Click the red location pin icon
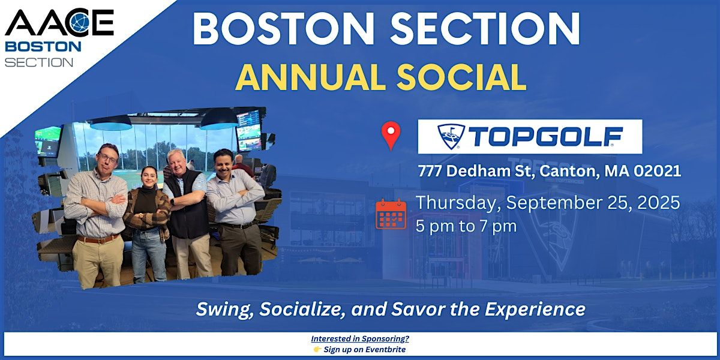pos(391,135)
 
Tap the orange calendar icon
pos(391,214)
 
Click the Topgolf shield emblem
pos(451,137)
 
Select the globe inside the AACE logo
pos(79,23)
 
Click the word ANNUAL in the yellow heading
pos(311,77)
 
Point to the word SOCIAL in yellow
pos(461,77)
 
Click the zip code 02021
pos(657,171)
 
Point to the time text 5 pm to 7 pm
pos(466,226)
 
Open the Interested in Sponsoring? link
pos(360,338)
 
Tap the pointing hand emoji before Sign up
pos(317,349)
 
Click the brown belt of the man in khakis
pos(98,239)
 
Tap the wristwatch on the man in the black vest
pos(172,202)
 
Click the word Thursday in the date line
pos(458,203)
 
